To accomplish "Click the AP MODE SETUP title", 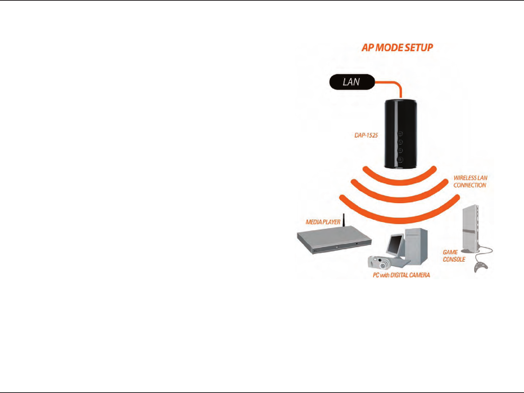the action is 397,48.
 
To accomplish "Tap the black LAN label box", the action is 352,82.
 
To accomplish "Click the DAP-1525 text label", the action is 366,135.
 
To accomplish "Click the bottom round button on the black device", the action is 400,159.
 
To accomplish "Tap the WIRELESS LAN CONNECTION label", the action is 470,181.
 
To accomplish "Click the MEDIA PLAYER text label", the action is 323,222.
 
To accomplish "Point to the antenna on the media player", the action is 344,219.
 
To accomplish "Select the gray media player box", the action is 334,240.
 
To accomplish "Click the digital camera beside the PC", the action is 379,262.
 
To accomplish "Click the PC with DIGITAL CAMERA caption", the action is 401,275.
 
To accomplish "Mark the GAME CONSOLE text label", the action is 454,256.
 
